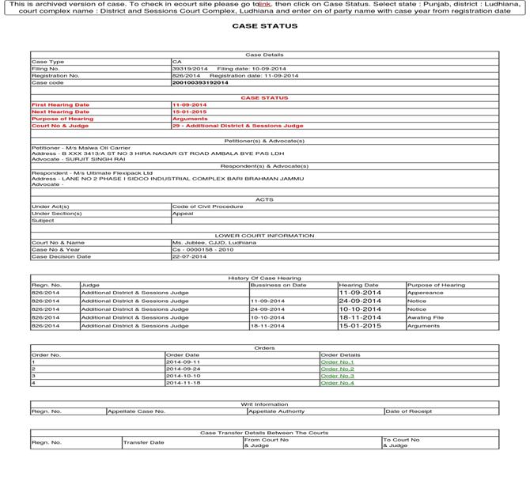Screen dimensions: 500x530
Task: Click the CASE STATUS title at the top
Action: (x=265, y=26)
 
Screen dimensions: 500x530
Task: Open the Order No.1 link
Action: (x=337, y=362)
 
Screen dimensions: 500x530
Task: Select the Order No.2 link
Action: (x=337, y=369)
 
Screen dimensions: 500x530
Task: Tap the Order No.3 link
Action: (x=337, y=376)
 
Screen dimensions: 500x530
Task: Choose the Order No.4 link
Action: (x=337, y=383)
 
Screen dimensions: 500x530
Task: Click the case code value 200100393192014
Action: (x=200, y=82)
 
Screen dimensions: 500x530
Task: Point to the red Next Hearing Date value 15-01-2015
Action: (x=190, y=112)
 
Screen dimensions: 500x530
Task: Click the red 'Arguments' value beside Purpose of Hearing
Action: (x=190, y=119)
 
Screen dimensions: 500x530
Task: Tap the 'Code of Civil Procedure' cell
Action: (x=208, y=206)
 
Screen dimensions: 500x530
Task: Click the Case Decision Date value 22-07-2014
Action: (x=190, y=256)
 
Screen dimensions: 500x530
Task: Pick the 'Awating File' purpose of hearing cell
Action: (x=426, y=317)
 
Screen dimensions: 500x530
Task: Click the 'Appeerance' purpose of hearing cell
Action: (x=425, y=293)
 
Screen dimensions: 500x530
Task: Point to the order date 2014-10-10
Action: (x=183, y=376)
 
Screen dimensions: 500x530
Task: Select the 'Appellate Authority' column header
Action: (x=277, y=411)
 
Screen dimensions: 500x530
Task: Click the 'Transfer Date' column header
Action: (x=144, y=442)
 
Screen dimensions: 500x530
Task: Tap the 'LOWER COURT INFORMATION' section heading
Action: (x=264, y=236)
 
